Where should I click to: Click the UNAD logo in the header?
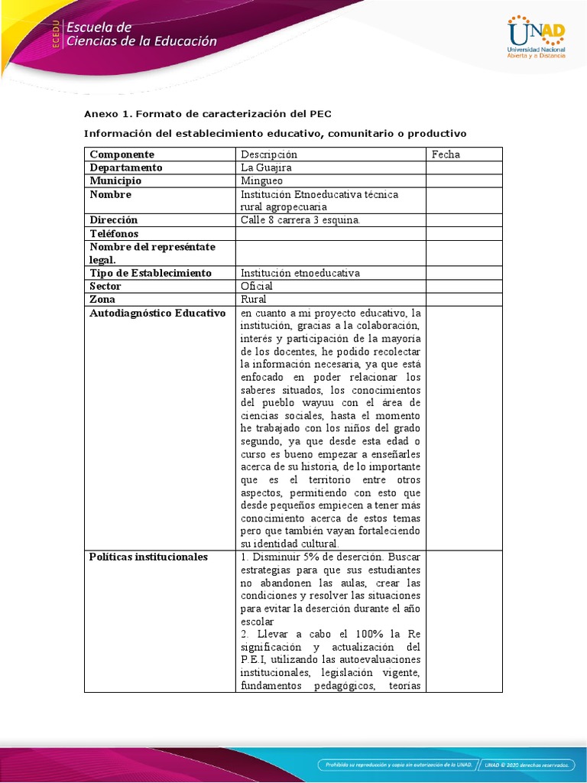[x=536, y=37]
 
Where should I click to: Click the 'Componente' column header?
[x=122, y=154]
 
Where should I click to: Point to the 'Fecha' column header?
[x=446, y=154]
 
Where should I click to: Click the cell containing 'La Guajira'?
[x=266, y=167]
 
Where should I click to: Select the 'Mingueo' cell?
[x=261, y=181]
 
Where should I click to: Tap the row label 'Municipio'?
[x=115, y=181]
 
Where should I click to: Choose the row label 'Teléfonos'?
[x=114, y=233]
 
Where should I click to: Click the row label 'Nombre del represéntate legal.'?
[x=153, y=253]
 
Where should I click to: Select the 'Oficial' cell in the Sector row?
[x=256, y=286]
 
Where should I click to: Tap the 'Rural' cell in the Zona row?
[x=254, y=299]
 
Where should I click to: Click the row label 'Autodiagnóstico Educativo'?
[x=157, y=313]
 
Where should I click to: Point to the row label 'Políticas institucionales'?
[x=148, y=557]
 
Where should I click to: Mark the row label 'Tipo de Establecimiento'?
[x=151, y=273]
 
